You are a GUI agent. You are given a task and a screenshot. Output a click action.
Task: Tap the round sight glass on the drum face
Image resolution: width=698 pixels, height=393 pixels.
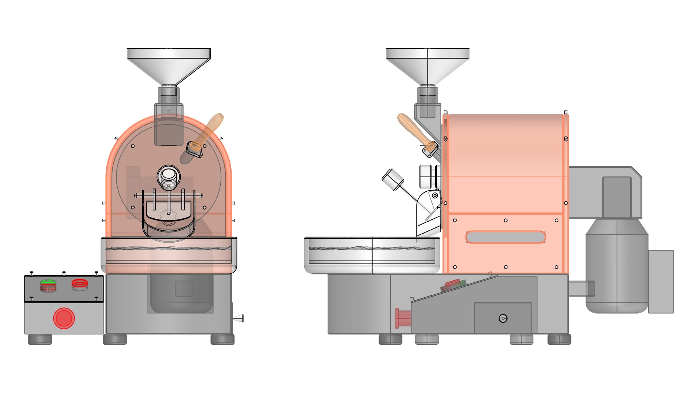168,177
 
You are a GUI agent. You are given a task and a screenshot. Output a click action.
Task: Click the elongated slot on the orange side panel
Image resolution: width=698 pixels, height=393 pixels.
505,237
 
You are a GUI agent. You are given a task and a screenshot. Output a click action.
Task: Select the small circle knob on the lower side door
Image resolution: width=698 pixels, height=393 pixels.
503,318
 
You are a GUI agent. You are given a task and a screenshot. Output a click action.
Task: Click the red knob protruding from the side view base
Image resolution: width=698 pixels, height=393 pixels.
402,318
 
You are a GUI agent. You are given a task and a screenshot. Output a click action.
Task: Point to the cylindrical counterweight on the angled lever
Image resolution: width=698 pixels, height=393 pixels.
393,179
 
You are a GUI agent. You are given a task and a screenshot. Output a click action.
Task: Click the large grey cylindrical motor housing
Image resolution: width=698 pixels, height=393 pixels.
617,266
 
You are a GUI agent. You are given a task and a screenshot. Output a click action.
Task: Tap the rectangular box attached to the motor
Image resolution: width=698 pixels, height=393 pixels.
661,281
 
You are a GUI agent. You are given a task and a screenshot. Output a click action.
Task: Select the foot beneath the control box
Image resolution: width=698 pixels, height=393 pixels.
40,340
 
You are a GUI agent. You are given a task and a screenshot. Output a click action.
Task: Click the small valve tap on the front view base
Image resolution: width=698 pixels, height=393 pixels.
238,318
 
